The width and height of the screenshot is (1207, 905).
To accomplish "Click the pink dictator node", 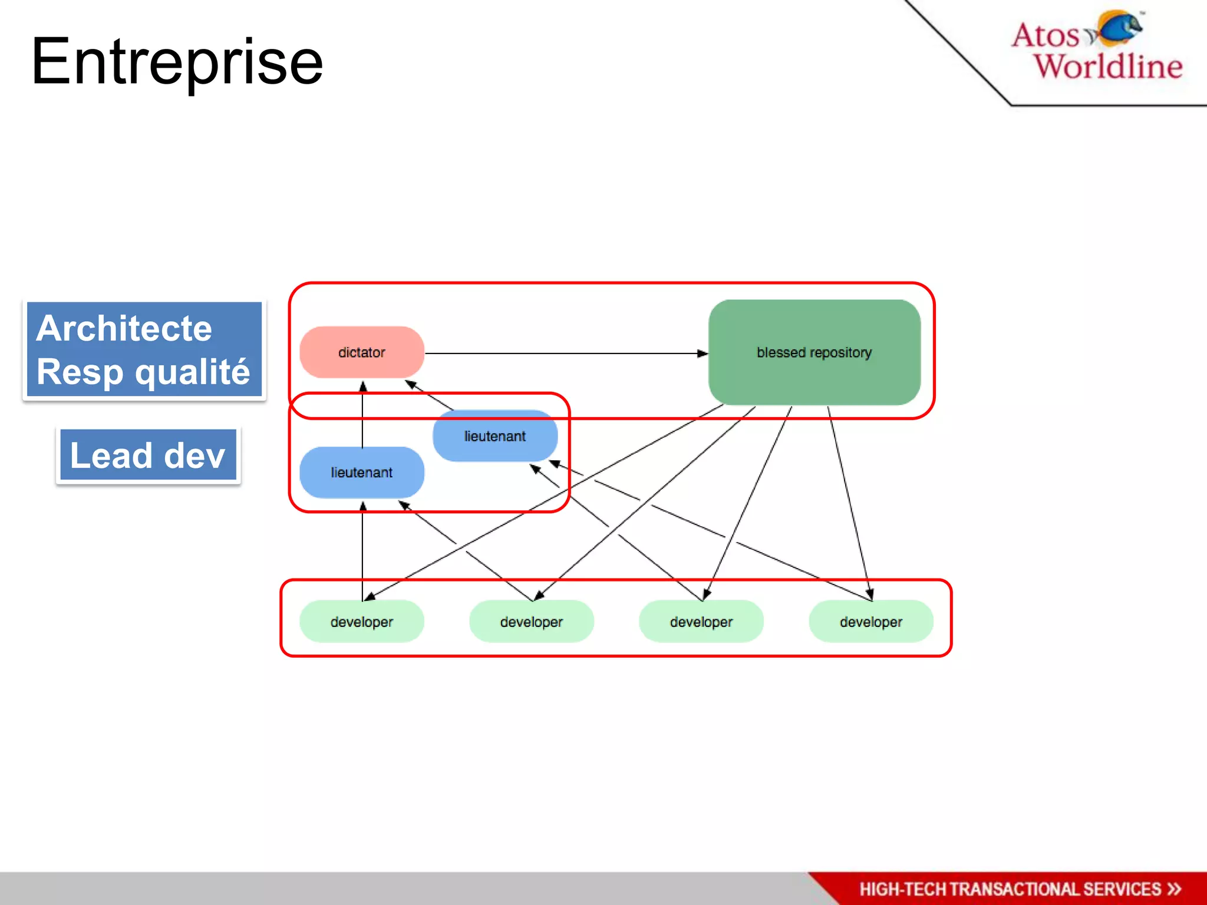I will coord(362,352).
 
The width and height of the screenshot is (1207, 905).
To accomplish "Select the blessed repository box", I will coord(814,352).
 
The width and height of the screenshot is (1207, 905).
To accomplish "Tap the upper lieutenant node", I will coord(495,436).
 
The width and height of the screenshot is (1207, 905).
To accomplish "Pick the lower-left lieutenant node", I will coord(362,473).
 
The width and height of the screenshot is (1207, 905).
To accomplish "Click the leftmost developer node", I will coord(362,622).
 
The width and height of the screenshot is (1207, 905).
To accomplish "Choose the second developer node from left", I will coord(531,622).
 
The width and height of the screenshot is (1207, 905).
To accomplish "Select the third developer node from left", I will coord(701,622).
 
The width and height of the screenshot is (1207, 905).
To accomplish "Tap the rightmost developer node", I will coord(870,622).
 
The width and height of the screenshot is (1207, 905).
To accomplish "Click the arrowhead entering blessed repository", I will coord(702,354).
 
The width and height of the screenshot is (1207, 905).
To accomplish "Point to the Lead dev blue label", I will coord(148,456).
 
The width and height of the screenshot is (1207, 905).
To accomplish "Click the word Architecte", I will coord(124,328).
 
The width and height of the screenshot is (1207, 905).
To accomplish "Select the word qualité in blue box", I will coord(192,372).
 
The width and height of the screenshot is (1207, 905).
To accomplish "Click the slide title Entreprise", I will coord(177,61).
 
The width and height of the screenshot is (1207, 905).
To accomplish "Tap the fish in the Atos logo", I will coord(1119,28).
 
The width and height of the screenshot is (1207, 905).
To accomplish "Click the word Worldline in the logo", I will coord(1108,66).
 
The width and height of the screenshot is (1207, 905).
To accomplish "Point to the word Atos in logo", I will coord(1045,35).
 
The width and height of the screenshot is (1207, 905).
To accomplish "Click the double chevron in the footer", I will coord(1174,889).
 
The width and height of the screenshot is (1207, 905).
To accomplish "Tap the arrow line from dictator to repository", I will coord(560,354).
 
